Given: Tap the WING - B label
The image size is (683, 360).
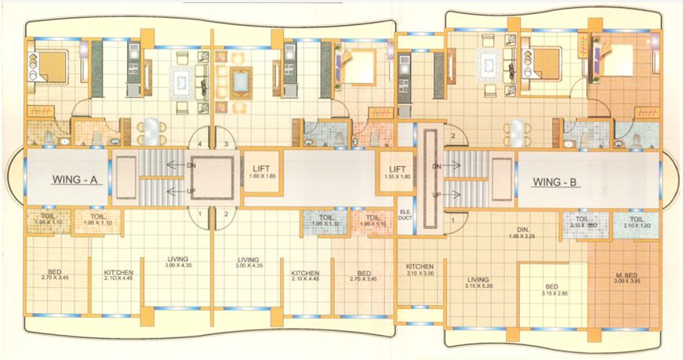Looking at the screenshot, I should coord(555,183).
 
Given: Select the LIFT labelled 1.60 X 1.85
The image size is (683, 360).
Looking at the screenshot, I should coord(260,171).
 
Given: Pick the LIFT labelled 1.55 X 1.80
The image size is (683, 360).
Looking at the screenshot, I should coord(397,171).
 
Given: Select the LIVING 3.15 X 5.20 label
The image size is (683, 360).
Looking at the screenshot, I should coord(478,283).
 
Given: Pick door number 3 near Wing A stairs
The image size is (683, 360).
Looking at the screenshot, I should coord(227,145).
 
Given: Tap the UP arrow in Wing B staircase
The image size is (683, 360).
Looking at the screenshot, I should coord(436,194).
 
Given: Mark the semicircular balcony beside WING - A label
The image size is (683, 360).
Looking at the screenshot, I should coord(14,179).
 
